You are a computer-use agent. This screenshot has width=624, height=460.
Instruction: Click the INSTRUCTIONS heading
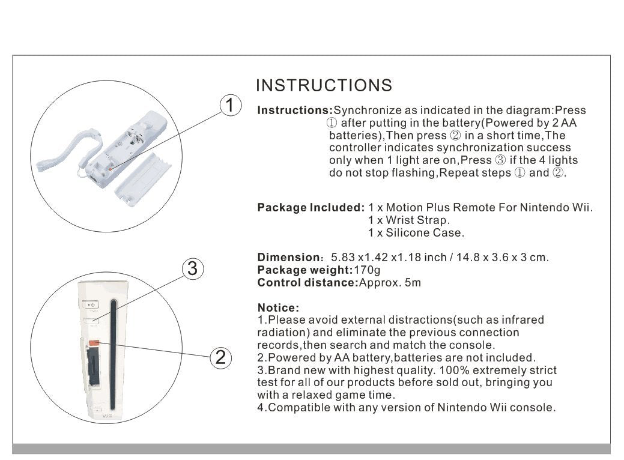tap(324, 86)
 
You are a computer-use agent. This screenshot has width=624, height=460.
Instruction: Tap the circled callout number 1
tap(229, 106)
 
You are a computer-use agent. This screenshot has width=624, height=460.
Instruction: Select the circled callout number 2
tap(220, 358)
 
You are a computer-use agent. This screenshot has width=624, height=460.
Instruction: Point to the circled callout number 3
tap(192, 269)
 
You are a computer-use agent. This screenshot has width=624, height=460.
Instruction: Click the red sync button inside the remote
tap(111, 169)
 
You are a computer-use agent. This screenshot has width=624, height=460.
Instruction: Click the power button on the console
tap(92, 305)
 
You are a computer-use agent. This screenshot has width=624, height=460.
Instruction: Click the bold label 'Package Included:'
tap(310, 208)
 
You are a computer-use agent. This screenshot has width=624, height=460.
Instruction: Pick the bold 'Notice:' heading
tap(278, 307)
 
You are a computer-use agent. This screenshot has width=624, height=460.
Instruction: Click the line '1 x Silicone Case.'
tap(416, 233)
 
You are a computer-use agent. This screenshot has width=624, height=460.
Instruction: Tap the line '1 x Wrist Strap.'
tap(408, 220)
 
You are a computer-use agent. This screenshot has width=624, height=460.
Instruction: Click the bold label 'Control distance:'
tap(307, 283)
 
